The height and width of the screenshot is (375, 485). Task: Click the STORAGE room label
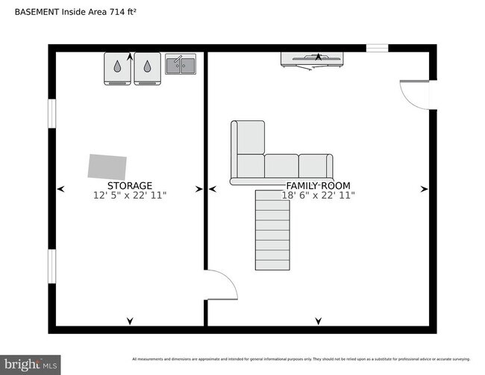[x=130, y=185]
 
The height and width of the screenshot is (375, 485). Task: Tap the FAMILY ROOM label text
[x=318, y=185]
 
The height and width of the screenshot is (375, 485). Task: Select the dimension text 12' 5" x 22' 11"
[x=130, y=195]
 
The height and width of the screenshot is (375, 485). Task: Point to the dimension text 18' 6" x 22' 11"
[x=318, y=195]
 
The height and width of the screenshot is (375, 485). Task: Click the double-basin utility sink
[x=181, y=65]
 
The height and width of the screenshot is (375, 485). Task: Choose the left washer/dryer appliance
[x=117, y=68]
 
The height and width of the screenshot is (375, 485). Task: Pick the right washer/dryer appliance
[x=147, y=68]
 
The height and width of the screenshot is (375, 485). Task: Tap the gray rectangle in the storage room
[x=107, y=166]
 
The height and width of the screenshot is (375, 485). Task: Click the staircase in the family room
[x=272, y=230]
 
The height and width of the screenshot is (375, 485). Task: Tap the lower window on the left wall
[x=52, y=267]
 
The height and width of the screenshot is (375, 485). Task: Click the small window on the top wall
[x=377, y=49]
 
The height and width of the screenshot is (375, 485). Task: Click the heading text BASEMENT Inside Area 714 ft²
[x=75, y=13]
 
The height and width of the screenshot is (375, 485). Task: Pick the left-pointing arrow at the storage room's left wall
[x=61, y=189]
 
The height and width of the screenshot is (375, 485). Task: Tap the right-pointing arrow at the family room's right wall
[x=424, y=189]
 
